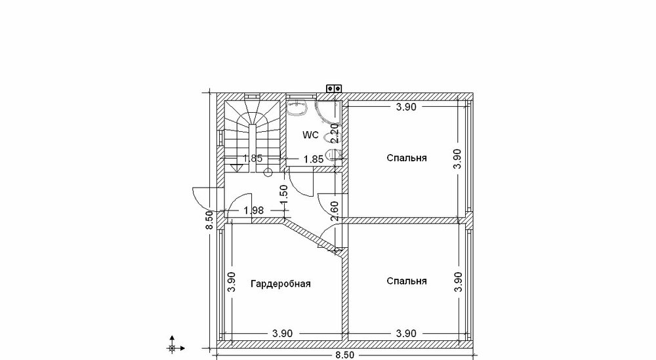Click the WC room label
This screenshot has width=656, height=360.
pos(310,135)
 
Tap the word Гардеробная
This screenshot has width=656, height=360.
pos(281,284)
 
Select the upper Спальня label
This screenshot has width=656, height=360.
pos(407,158)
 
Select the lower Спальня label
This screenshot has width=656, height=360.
pos(407,281)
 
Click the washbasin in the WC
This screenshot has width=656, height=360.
pos(298,107)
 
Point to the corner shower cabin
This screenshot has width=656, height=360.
pos(327,112)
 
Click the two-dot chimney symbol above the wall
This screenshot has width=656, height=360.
pos(334,89)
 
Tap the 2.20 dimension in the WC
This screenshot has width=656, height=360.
pos(335,133)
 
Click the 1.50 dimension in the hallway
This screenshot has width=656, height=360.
pos(283,195)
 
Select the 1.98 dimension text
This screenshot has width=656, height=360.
pos(253,210)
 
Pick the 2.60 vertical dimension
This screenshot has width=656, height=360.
pos(335,211)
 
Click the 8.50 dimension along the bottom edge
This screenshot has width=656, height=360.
pos(344,355)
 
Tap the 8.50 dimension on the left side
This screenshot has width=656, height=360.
pos(209,220)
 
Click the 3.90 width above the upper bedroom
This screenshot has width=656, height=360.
pos(406,107)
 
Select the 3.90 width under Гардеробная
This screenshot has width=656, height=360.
pos(282,334)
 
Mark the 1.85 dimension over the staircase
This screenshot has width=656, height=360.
pos(253,159)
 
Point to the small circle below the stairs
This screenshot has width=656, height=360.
pos(268,172)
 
